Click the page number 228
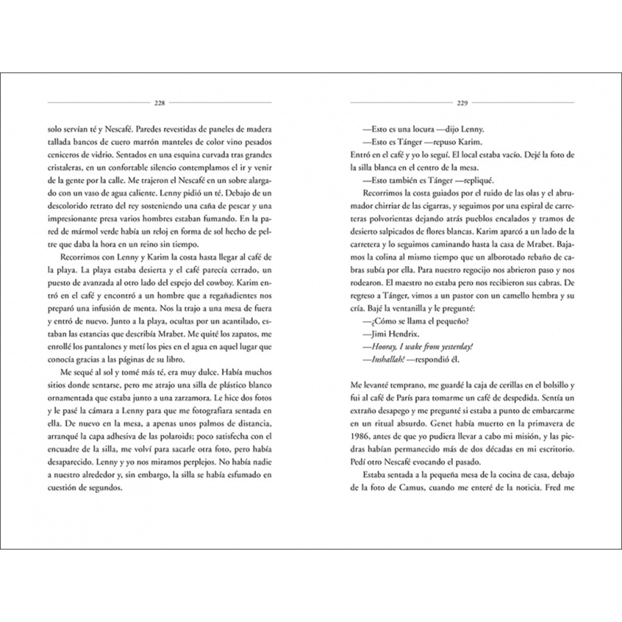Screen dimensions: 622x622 [x=160, y=103]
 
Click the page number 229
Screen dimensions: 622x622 [x=462, y=103]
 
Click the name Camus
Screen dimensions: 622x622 [x=415, y=487]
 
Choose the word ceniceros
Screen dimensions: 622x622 [x=63, y=154]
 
